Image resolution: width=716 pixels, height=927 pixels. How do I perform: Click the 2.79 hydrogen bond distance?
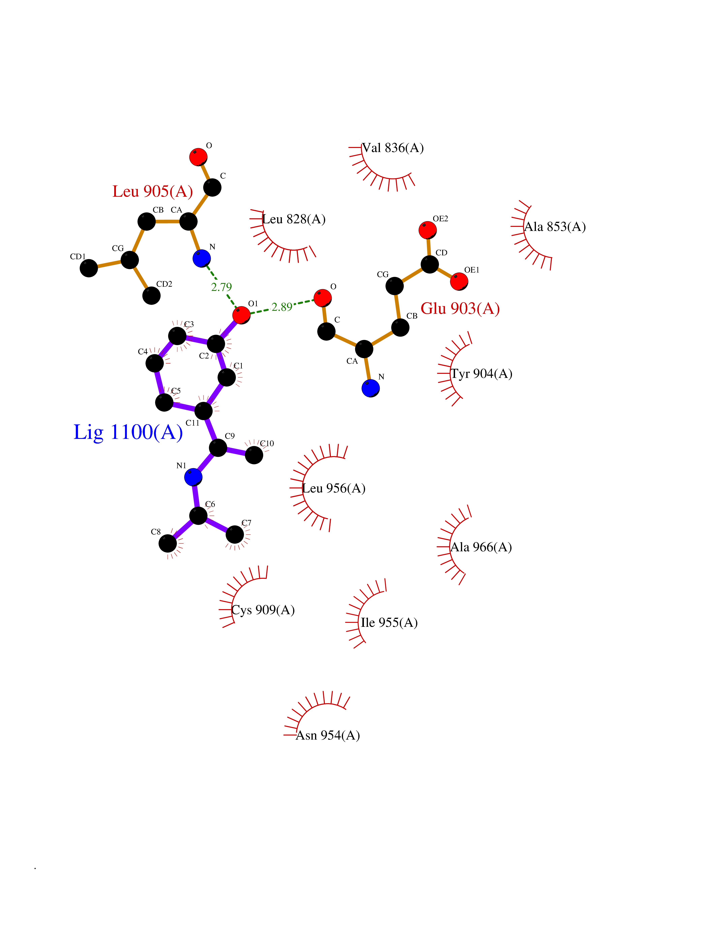point(221,287)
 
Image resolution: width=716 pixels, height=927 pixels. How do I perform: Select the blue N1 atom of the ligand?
point(193,477)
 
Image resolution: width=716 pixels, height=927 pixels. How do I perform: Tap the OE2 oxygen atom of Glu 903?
point(428,230)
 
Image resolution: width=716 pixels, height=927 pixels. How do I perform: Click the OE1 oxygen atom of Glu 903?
point(459,281)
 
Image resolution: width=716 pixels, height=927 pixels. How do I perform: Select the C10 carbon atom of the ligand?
point(254,455)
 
